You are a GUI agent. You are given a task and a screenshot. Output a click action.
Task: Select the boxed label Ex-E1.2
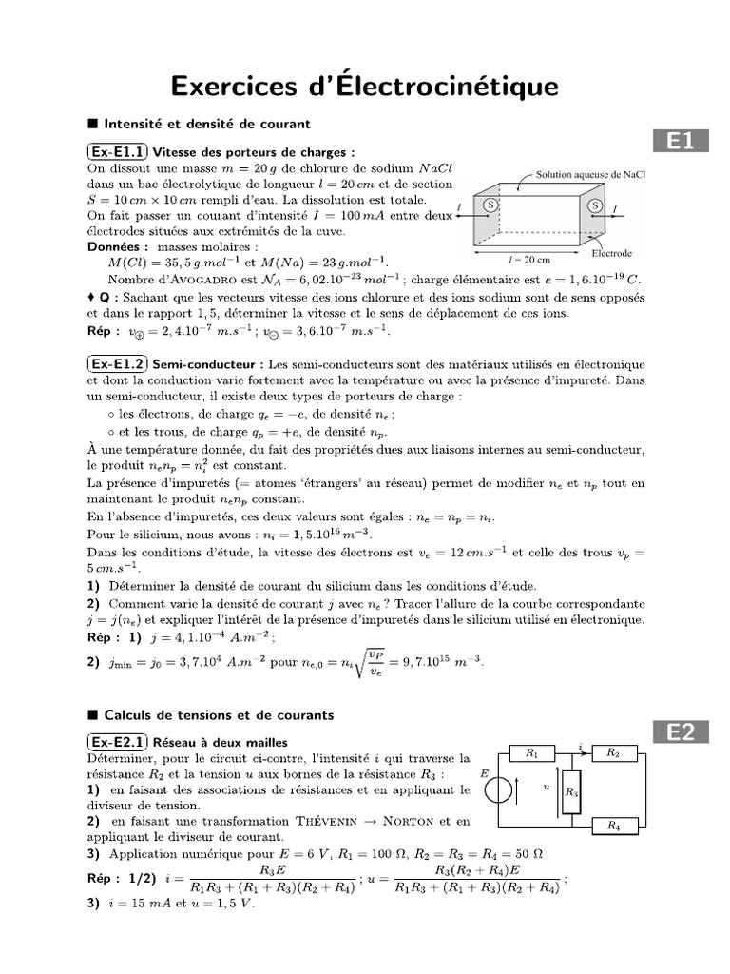pos(118,364)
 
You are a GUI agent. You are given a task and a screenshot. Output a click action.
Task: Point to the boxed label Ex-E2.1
pos(118,742)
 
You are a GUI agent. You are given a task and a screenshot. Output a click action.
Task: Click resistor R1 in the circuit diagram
pos(532,753)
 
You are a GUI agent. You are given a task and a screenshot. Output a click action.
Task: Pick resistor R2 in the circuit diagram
pos(614,753)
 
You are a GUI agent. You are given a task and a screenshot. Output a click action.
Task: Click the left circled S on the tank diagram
pos(491,205)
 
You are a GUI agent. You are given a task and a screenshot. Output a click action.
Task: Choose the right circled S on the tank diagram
pos(596,205)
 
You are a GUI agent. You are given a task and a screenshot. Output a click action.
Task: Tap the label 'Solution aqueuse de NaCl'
pos(590,175)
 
